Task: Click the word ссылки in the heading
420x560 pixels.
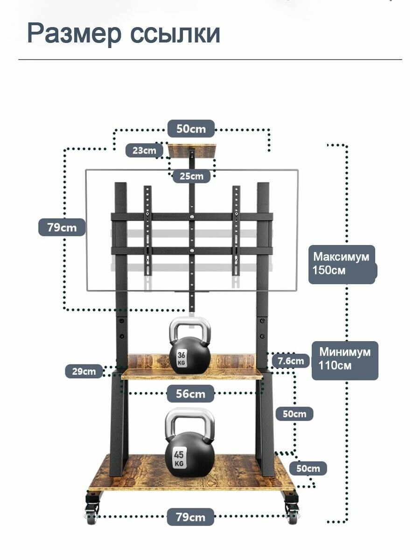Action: [175, 34]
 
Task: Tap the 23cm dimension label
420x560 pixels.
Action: [144, 150]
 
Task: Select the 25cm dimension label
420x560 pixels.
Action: [191, 176]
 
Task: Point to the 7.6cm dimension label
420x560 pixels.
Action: [291, 361]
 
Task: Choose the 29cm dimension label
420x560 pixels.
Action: [84, 371]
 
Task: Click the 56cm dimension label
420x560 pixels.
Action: [190, 394]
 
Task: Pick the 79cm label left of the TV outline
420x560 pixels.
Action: [62, 227]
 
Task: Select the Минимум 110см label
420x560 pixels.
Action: [345, 360]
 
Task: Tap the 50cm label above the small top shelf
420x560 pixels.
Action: [191, 129]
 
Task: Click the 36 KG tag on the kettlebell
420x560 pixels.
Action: [182, 358]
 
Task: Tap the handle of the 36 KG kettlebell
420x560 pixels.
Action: [190, 329]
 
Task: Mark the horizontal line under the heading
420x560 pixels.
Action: [210, 59]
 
